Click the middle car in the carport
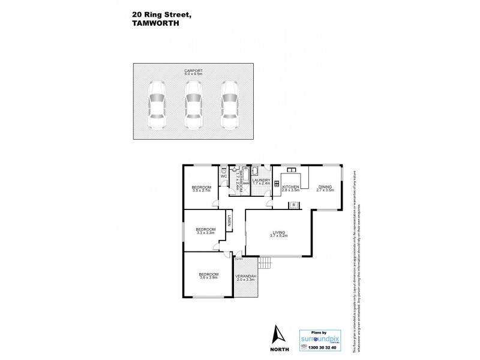(193, 106)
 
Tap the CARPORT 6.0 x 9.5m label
(193, 73)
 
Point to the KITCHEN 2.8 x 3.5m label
(290, 189)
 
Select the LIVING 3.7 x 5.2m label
(278, 235)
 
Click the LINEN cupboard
(229, 221)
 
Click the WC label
(223, 176)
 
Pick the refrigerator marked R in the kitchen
(294, 205)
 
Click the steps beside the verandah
(265, 262)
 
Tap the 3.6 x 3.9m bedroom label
(208, 276)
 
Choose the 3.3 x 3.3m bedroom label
(205, 230)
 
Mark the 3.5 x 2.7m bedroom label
(202, 189)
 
